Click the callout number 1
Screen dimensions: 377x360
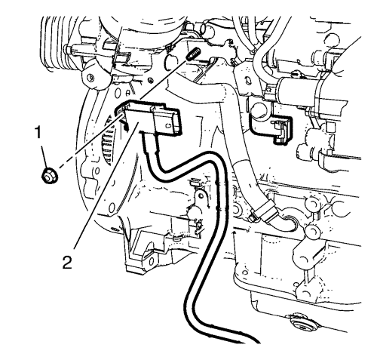click(38, 133)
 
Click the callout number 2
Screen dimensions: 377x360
click(67, 263)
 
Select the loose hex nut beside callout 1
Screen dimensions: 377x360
click(49, 175)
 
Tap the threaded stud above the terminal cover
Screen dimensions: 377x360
click(193, 55)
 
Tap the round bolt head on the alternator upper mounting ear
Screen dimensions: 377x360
click(88, 76)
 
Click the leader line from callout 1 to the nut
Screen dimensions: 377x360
click(44, 153)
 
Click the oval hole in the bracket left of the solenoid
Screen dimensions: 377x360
click(247, 81)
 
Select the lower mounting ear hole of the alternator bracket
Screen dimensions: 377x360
click(150, 261)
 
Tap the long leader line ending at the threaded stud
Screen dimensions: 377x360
click(164, 79)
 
